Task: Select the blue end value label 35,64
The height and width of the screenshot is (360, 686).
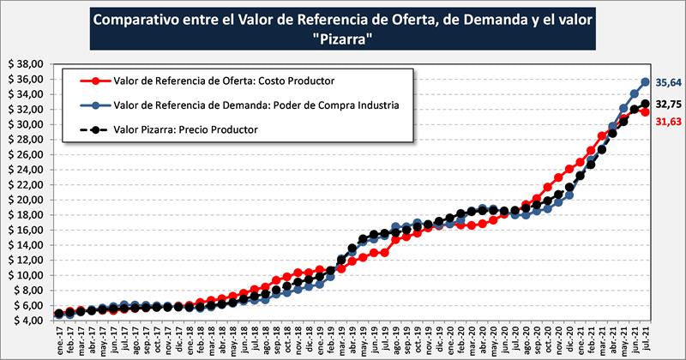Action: (667, 83)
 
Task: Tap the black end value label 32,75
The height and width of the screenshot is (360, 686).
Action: (667, 104)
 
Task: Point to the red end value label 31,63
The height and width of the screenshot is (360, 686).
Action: (667, 122)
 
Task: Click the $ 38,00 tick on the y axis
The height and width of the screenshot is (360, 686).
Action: (27, 64)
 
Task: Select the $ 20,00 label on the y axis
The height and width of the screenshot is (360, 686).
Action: (27, 200)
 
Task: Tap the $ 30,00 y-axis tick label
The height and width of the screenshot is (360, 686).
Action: (27, 124)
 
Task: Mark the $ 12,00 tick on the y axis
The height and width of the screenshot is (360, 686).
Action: (27, 260)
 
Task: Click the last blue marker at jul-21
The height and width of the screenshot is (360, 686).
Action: (646, 82)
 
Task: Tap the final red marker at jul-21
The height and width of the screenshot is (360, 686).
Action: (646, 112)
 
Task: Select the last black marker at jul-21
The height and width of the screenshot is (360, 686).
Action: (646, 105)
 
